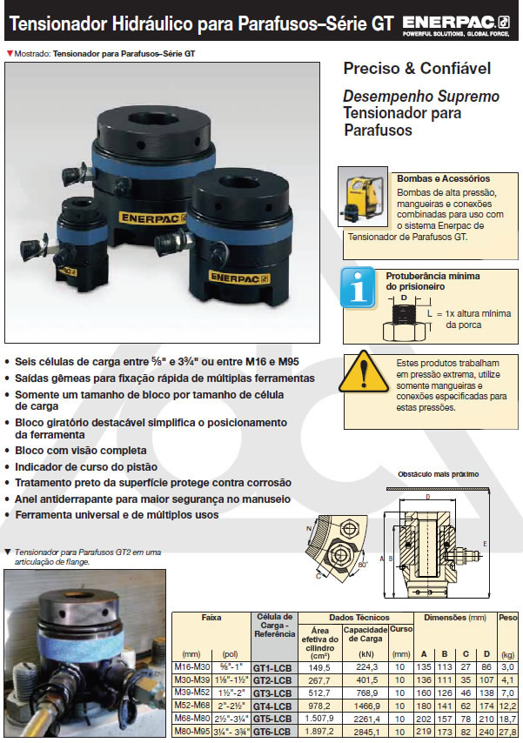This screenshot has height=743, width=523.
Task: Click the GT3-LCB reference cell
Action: pos(271,693)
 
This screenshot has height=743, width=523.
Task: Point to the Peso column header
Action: pos(507,617)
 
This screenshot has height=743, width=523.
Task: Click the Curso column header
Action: pos(401,628)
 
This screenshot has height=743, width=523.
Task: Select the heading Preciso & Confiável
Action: pos(417,68)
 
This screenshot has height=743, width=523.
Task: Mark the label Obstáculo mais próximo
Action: pos(438,475)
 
